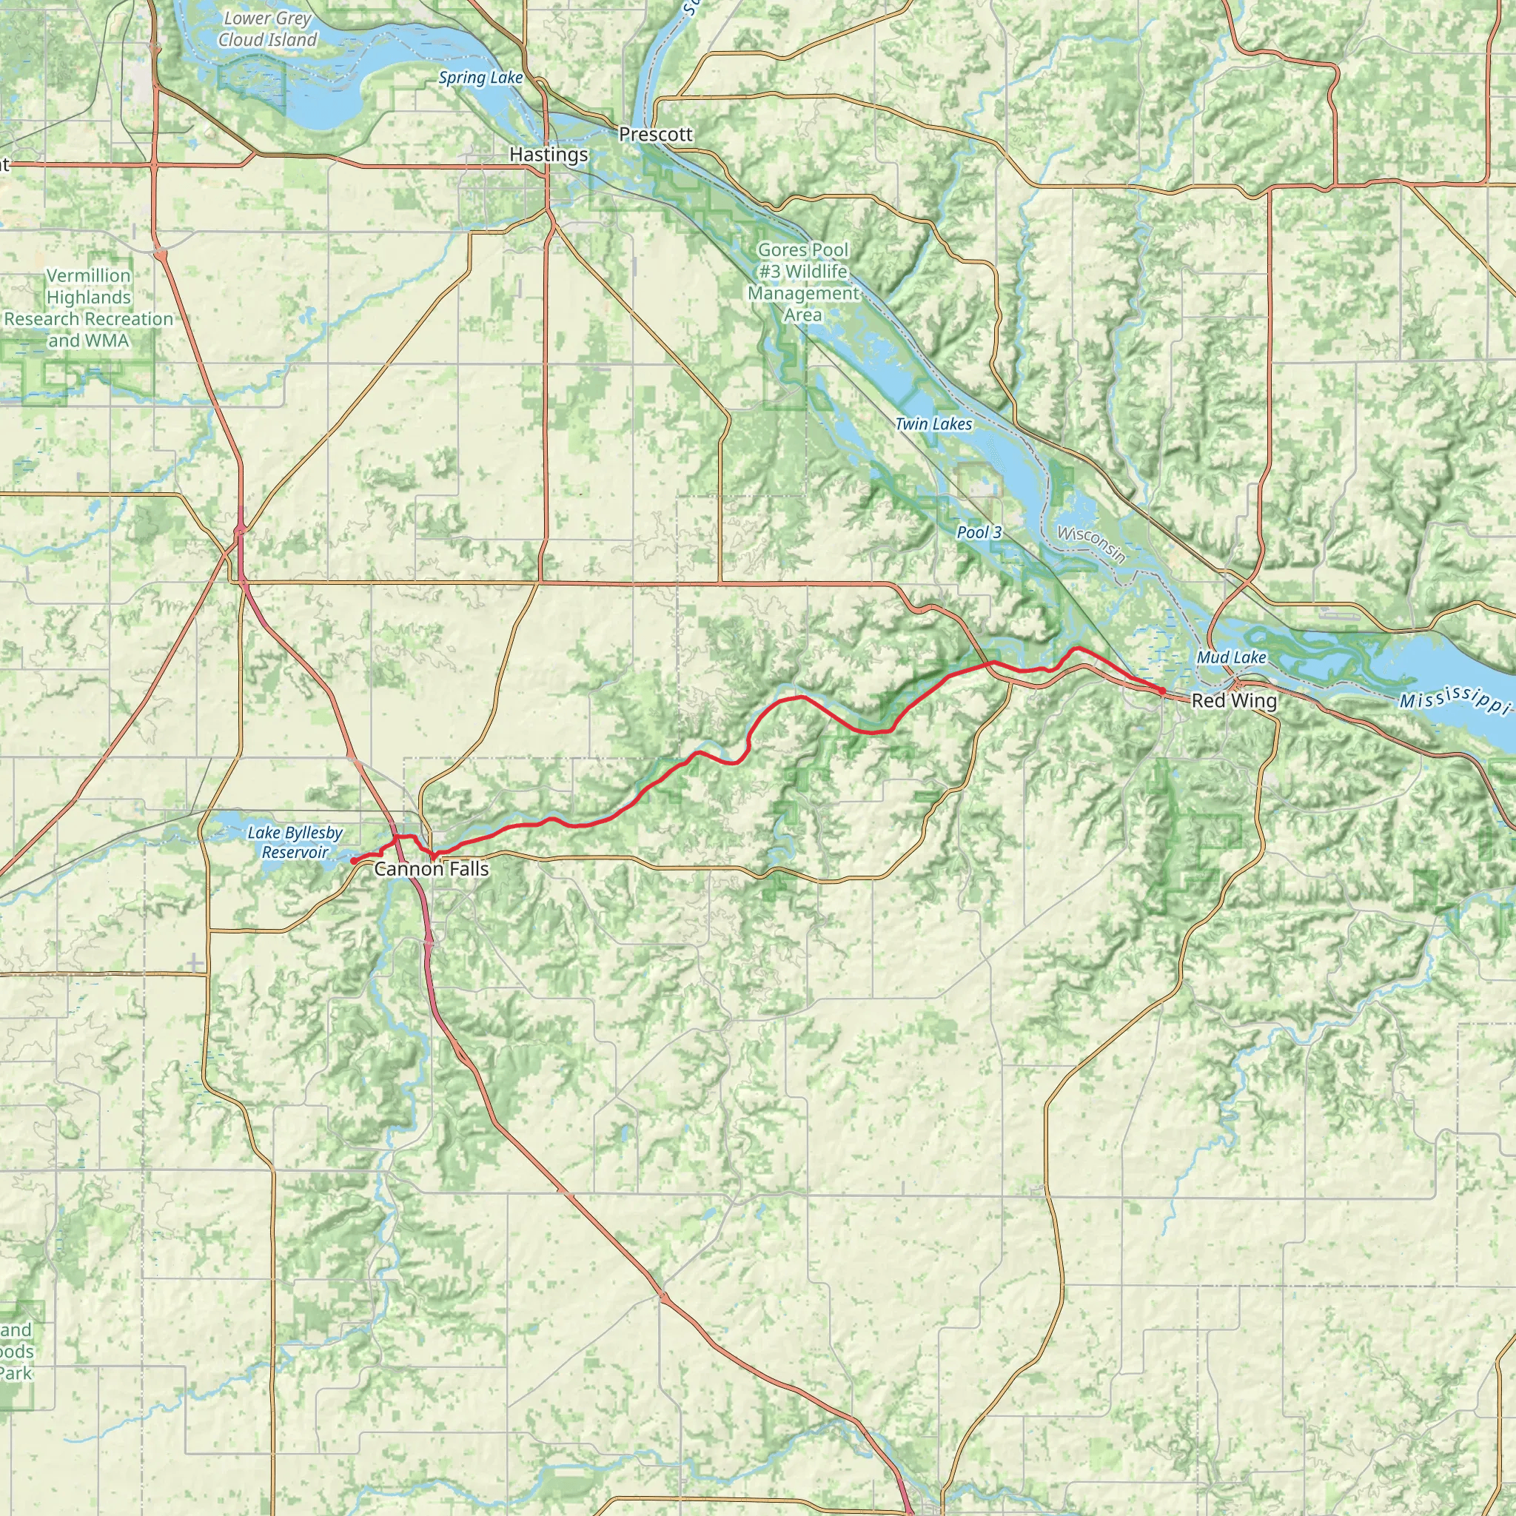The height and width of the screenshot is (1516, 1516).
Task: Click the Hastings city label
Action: click(x=549, y=155)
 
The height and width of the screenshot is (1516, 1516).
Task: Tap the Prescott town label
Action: click(x=655, y=134)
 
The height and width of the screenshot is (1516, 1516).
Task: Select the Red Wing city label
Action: click(x=1233, y=701)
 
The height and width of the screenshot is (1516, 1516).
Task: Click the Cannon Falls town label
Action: click(x=431, y=868)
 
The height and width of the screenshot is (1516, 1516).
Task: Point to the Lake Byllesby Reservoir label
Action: click(x=295, y=842)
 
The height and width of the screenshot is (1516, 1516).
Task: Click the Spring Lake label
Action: click(x=480, y=78)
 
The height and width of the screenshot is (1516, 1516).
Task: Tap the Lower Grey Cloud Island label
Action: click(x=267, y=29)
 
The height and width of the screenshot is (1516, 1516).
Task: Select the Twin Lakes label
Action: click(x=933, y=424)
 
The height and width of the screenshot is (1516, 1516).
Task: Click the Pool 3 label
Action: click(x=979, y=532)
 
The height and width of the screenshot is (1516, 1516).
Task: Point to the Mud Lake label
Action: click(x=1231, y=657)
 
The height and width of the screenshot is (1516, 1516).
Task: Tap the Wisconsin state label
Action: click(x=1090, y=545)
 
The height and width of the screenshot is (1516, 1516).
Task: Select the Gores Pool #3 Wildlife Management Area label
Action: click(x=802, y=283)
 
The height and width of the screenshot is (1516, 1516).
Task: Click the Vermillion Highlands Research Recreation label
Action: click(x=88, y=308)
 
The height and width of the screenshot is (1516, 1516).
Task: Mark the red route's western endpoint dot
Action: click(x=353, y=861)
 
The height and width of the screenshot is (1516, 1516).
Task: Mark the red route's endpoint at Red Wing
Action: click(x=1162, y=690)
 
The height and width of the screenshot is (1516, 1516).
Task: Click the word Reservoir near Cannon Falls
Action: click(x=295, y=852)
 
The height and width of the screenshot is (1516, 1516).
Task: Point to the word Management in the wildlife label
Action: click(x=802, y=293)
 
